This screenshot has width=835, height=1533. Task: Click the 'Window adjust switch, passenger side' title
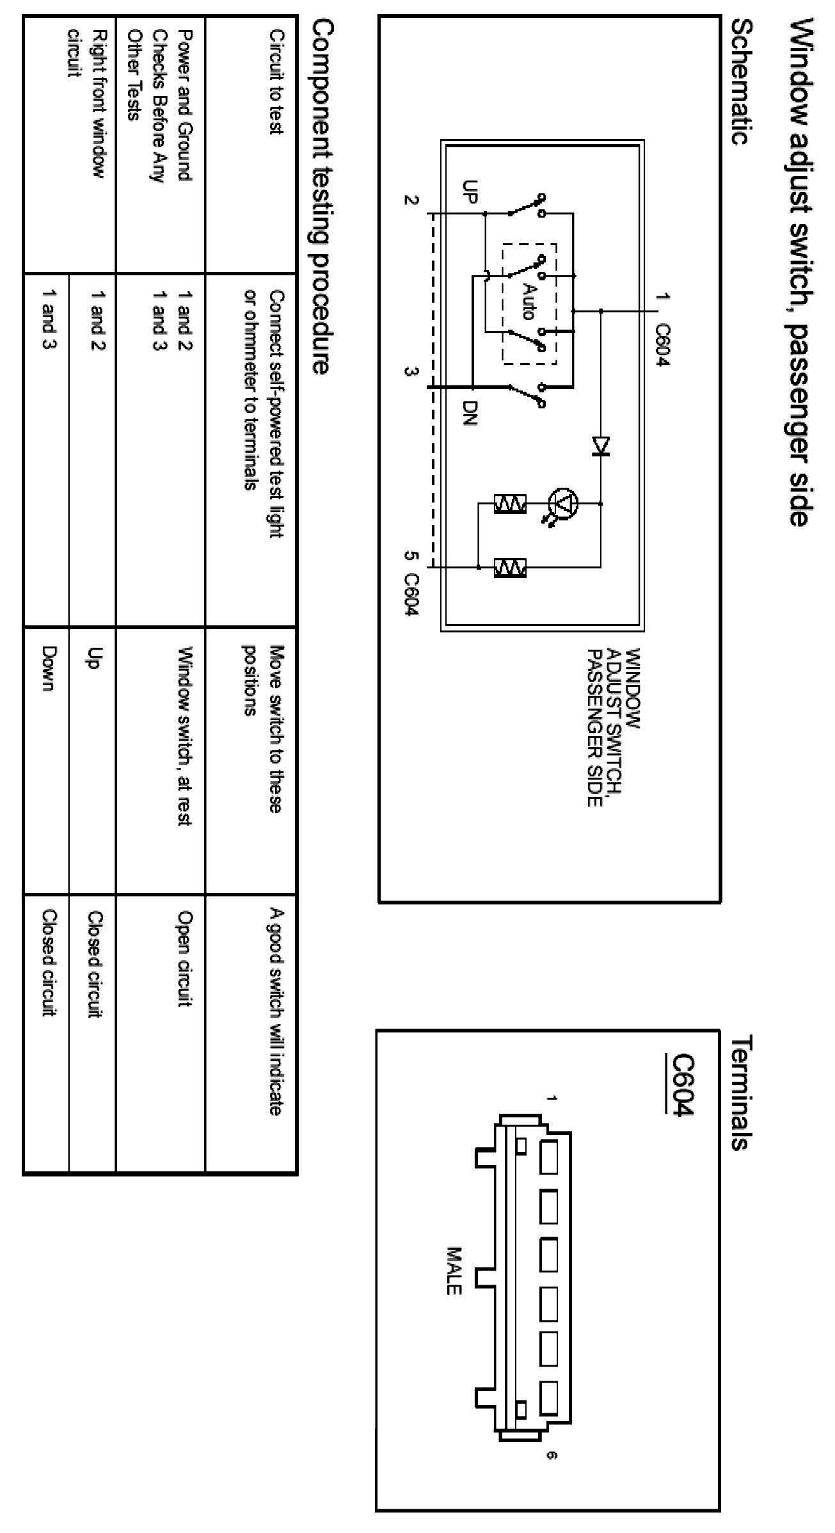coord(804,272)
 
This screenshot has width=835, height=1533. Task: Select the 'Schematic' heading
coord(742,82)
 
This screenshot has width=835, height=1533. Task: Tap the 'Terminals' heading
coord(742,1094)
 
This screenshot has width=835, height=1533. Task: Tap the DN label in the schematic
coord(470,413)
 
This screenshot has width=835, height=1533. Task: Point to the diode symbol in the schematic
coord(601,445)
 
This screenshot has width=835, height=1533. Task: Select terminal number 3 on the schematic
coord(410,373)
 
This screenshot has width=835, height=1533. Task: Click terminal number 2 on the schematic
coord(410,200)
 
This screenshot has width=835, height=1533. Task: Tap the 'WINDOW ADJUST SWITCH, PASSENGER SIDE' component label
coord(613,727)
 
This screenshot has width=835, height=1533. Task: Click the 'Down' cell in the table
coord(48,668)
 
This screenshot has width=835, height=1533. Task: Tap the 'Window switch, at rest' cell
coord(186,735)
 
